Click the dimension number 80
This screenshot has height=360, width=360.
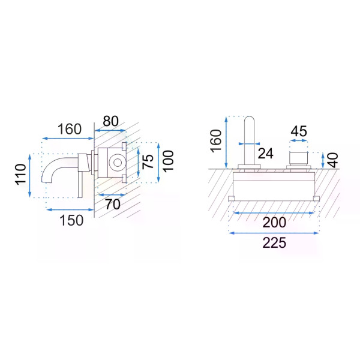click(x=110, y=121)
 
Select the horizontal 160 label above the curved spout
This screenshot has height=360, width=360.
click(x=70, y=129)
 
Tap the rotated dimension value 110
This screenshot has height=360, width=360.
click(x=20, y=174)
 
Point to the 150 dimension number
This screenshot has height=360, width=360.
click(x=71, y=220)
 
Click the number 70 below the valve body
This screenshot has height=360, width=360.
click(x=113, y=204)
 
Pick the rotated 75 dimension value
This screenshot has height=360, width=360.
click(x=148, y=162)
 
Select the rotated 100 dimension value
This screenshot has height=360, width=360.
click(x=168, y=161)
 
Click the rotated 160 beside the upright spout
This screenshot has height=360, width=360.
click(x=216, y=141)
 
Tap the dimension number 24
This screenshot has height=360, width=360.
click(x=265, y=154)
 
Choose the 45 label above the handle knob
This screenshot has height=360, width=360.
click(x=299, y=131)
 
